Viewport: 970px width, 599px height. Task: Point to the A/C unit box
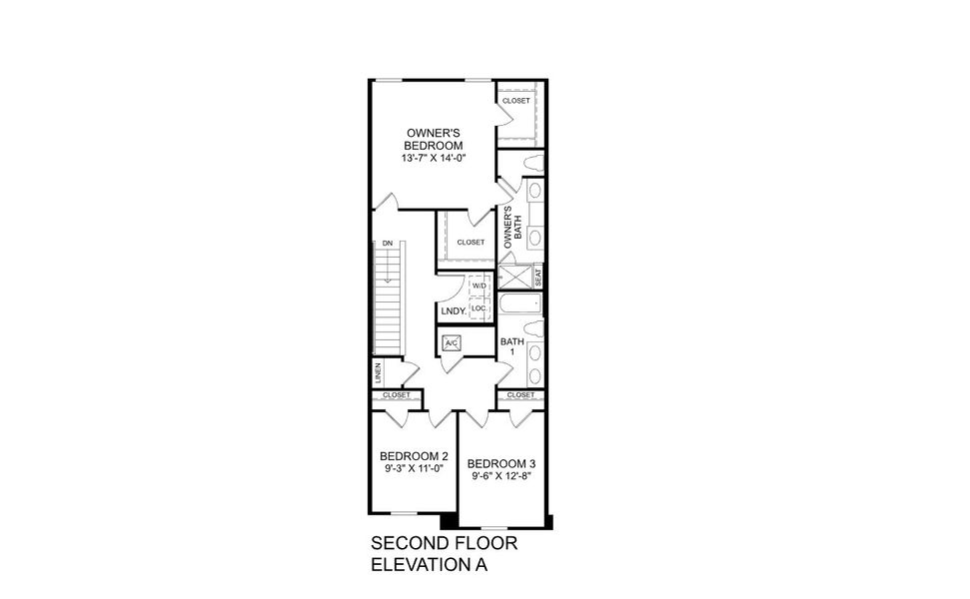tap(451, 344)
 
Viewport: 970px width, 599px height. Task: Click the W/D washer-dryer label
tap(479, 287)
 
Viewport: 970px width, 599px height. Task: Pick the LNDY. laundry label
tap(454, 311)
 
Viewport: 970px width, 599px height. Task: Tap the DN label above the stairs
tap(386, 243)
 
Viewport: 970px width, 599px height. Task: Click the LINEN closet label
tap(379, 374)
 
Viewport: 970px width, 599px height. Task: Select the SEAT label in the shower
tap(538, 277)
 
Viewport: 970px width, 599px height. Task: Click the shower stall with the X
tap(514, 277)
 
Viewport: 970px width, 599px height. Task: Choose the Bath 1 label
tap(511, 347)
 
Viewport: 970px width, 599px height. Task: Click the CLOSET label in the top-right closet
tap(516, 101)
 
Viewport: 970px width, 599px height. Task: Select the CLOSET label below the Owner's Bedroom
tap(470, 243)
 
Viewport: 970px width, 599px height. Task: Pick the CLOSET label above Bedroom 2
tap(396, 395)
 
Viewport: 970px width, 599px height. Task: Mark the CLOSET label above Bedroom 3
tap(520, 395)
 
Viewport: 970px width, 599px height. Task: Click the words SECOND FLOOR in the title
tap(446, 545)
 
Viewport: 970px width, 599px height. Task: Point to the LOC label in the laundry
tap(479, 308)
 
